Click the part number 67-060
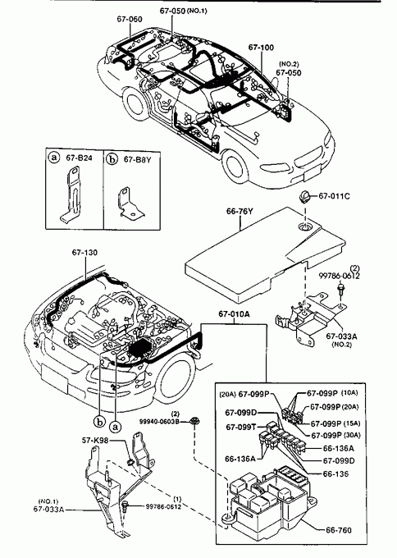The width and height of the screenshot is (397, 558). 130,19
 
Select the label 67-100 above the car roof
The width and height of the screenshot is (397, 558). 261,48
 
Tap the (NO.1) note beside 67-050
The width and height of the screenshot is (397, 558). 197,11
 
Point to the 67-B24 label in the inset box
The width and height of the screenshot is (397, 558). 79,158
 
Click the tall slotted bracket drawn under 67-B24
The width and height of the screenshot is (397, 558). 72,194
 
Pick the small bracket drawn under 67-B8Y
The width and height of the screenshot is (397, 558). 129,204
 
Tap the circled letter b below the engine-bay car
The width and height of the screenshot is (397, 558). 99,422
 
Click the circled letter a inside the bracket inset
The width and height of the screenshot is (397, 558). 53,158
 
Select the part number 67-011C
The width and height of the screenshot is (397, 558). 334,196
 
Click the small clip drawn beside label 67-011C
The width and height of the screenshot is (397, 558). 305,196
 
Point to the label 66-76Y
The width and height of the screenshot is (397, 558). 240,212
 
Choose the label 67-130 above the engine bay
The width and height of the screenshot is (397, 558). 84,252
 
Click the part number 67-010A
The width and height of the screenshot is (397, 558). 234,313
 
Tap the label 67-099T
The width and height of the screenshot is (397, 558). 241,427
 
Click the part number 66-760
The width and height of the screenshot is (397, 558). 339,530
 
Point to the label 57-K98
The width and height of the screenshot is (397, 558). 95,441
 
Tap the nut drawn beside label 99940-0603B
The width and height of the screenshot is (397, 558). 194,421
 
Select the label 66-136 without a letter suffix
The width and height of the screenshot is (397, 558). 335,474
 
